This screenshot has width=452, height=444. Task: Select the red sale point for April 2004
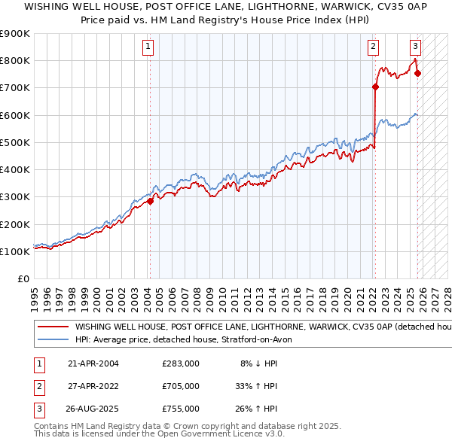coord(150,201)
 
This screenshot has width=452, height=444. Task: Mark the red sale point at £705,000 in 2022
coord(374,86)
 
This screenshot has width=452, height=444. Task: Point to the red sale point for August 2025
coord(418,73)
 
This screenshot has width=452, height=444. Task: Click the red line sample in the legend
coord(53,328)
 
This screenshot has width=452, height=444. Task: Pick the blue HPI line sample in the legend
coord(53,339)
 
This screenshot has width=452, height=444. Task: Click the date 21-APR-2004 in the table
coord(93,363)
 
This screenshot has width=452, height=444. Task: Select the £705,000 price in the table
coord(181,386)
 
